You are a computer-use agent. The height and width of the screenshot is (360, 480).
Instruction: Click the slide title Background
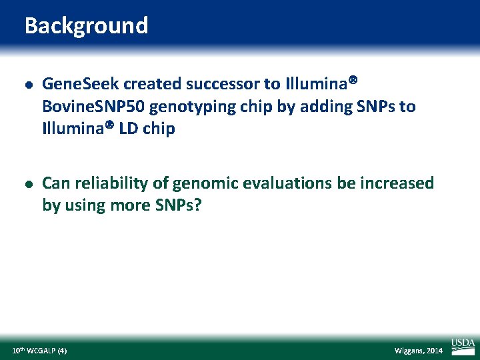click(86, 26)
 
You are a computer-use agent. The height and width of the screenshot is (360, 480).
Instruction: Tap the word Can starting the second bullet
click(55, 183)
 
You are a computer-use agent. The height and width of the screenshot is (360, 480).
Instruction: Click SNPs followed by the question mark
click(177, 205)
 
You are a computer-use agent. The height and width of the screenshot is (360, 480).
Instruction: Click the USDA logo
click(463, 345)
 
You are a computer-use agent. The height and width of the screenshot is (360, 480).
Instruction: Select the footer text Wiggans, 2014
click(419, 351)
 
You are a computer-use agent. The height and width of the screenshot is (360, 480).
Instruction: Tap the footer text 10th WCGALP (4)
click(39, 350)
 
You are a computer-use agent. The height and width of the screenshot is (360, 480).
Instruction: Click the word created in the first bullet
click(151, 85)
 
